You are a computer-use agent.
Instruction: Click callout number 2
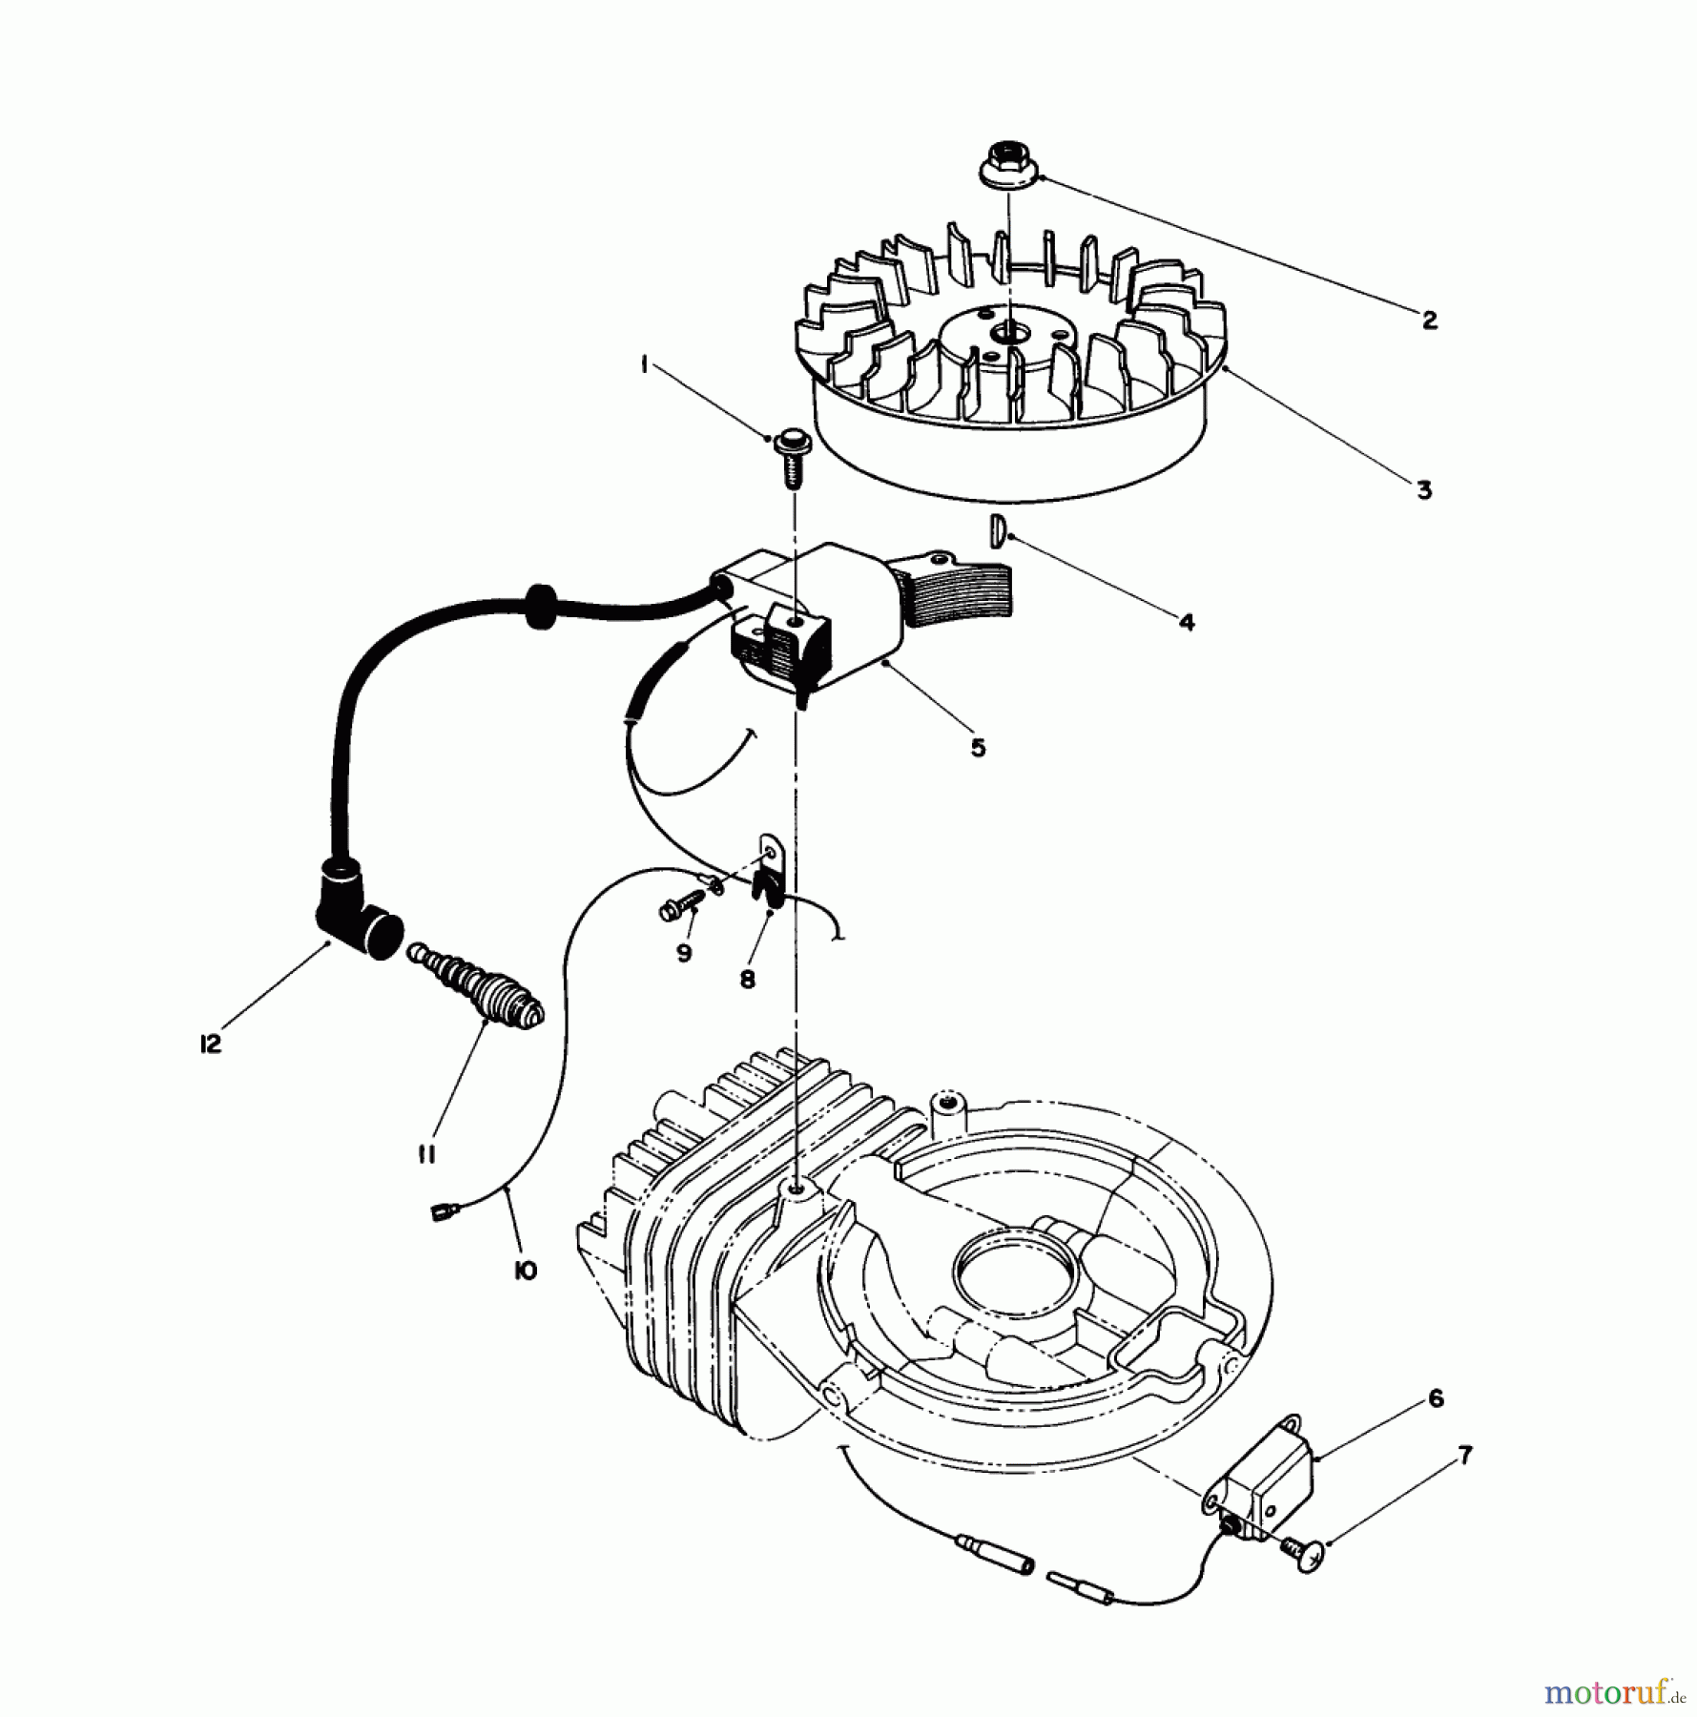[x=1428, y=320]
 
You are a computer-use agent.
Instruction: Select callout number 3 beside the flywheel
[x=1423, y=490]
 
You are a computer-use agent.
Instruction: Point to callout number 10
[x=525, y=1271]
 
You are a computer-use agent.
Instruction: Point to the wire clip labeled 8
[x=769, y=875]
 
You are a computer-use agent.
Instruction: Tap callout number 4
[x=1186, y=622]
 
